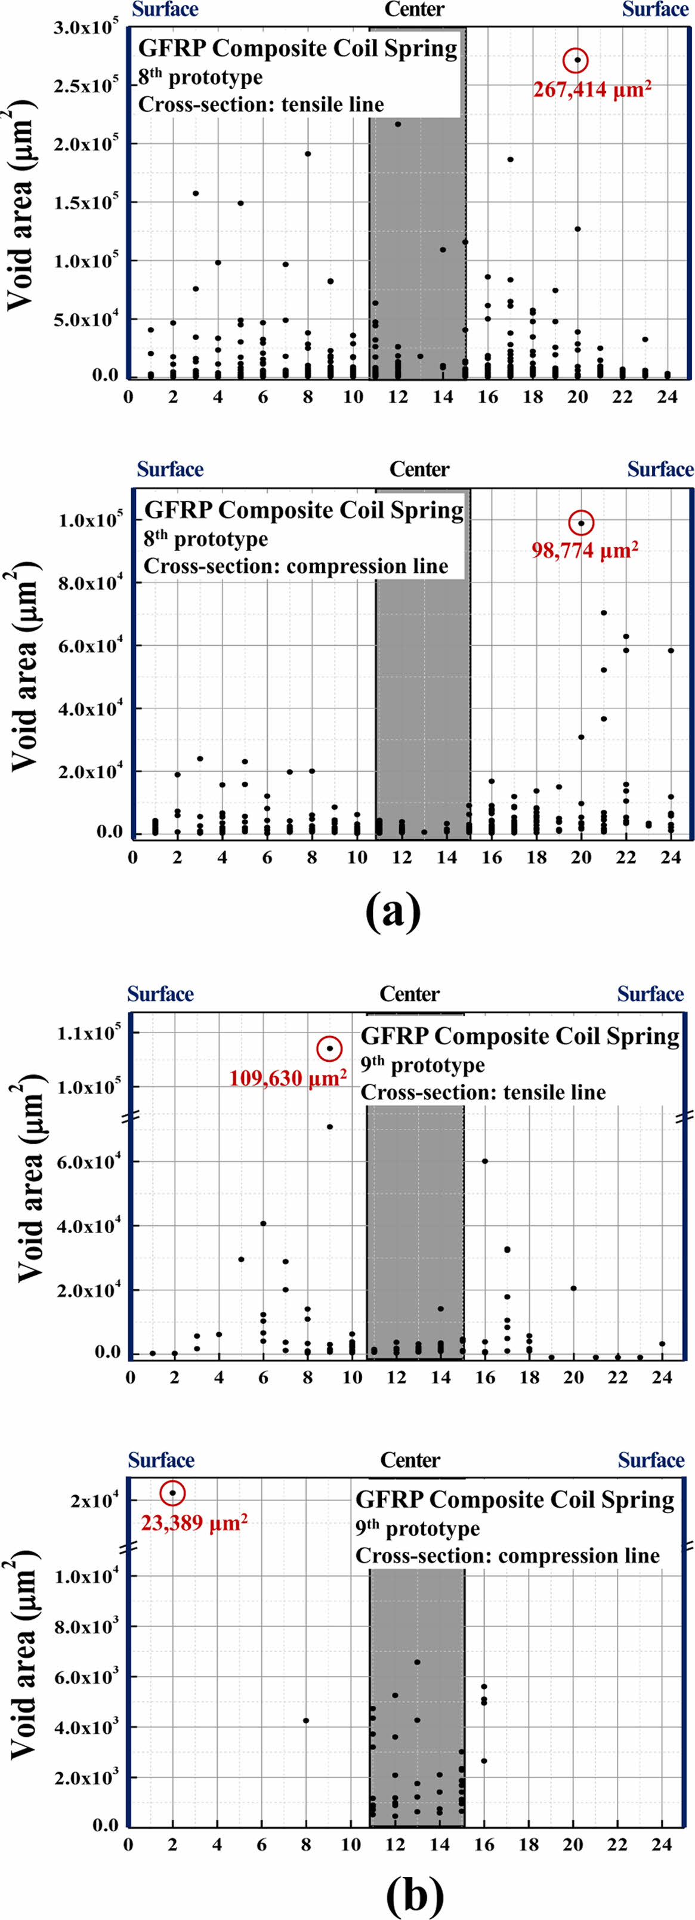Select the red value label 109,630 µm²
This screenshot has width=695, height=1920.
[x=288, y=1078]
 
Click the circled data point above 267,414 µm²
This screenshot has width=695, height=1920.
[x=576, y=60]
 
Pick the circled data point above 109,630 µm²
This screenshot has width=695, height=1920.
[x=329, y=1049]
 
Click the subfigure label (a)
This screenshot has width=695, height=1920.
[x=393, y=911]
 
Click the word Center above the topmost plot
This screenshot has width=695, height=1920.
[x=414, y=10]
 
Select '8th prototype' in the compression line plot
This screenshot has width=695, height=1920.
[x=206, y=538]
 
